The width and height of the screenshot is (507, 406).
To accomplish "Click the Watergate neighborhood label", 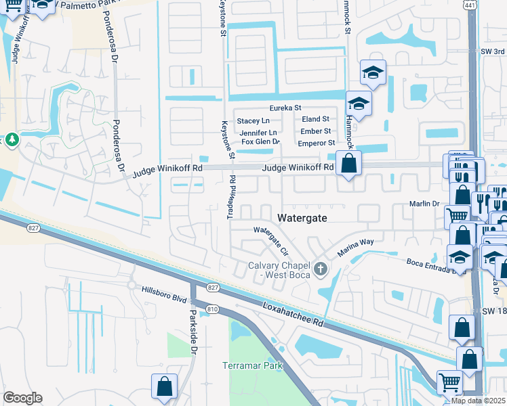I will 303,218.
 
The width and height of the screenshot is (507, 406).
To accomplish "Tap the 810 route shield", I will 213,309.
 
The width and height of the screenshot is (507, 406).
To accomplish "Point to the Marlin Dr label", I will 426,203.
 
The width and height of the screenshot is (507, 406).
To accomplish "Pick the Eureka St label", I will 285,108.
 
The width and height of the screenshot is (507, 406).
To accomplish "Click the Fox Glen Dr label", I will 261,141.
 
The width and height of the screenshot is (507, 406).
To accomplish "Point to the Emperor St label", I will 317,143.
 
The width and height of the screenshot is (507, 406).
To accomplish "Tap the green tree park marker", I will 12,139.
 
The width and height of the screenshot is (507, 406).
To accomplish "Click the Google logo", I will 22,398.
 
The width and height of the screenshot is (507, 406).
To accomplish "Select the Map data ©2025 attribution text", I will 477,401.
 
